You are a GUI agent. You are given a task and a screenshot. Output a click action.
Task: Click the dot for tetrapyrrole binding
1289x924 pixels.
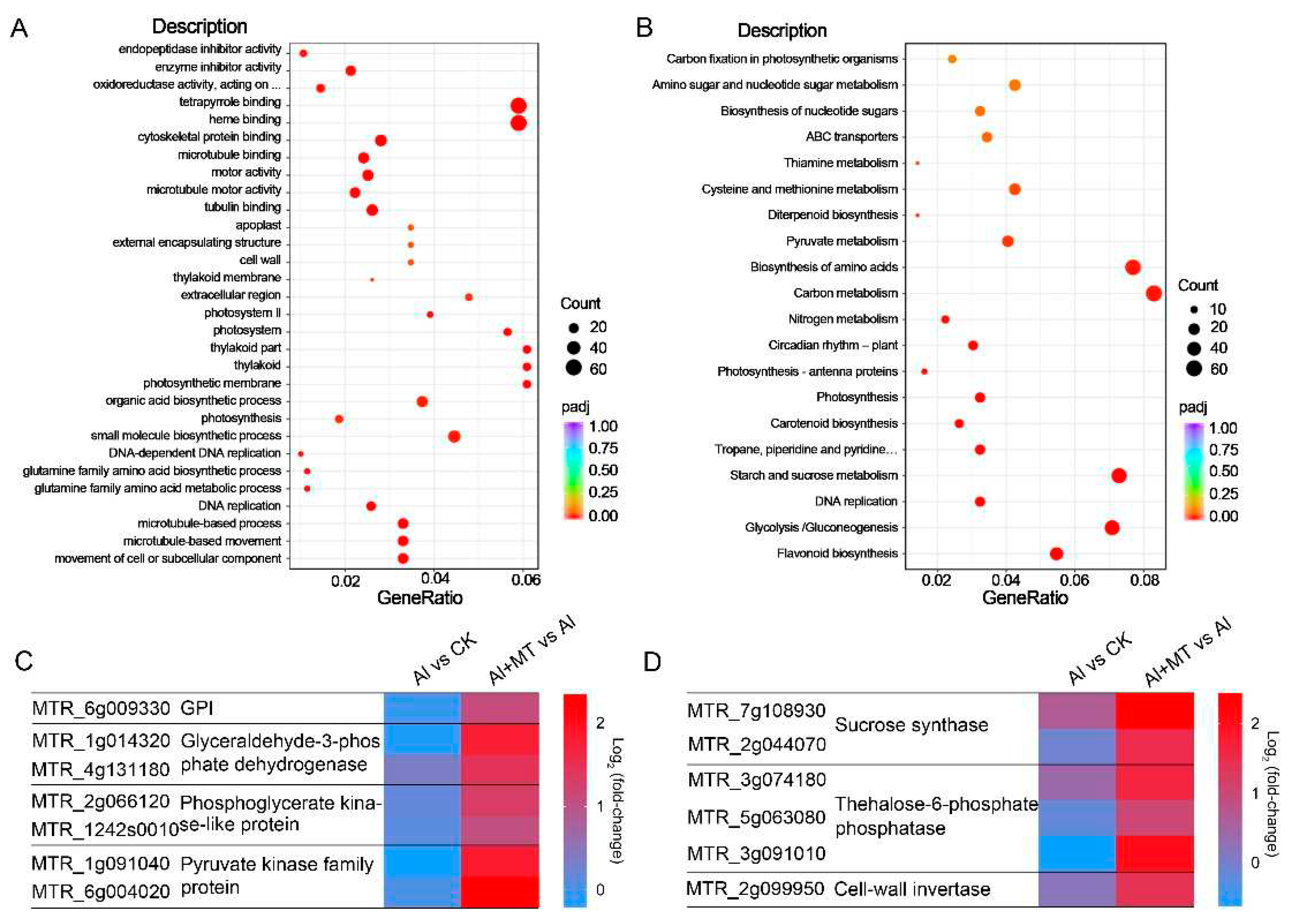coord(518,105)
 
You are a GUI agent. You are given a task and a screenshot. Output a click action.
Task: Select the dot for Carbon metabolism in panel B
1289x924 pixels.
coord(1153,293)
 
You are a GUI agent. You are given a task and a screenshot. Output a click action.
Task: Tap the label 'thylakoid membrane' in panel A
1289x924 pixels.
coord(227,277)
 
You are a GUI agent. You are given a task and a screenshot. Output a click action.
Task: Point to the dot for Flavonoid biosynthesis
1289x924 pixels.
coord(1056,553)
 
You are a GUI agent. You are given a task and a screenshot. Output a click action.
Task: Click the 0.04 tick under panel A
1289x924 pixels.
coord(435,580)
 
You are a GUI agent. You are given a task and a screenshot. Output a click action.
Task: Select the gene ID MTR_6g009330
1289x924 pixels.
coord(101,708)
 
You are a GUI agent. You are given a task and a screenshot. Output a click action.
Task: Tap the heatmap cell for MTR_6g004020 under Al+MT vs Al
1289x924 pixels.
coord(499,891)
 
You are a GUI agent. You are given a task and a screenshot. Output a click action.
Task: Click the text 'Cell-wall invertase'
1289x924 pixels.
coord(912,889)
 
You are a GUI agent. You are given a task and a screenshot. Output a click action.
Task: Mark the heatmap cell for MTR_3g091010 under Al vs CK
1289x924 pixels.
coord(1076,853)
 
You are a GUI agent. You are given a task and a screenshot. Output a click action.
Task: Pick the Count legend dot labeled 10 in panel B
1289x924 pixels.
coord(1194,310)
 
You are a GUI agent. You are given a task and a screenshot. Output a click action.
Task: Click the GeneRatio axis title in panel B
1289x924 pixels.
coord(1025,598)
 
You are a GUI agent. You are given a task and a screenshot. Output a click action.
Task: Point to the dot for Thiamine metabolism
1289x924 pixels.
coord(917,163)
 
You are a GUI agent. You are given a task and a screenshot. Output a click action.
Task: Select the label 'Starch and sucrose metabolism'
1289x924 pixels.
coord(813,475)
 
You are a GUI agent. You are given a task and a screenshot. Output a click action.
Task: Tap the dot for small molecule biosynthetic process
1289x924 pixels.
coord(454,436)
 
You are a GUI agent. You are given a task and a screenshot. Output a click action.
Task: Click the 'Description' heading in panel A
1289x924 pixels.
coord(199,26)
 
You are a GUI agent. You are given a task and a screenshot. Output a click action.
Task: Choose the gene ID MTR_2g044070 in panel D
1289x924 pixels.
coord(757,744)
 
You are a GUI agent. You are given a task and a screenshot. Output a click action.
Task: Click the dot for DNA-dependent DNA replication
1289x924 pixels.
coord(301,453)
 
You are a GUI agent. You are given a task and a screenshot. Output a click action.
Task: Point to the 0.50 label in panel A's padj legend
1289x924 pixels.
coord(603,470)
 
